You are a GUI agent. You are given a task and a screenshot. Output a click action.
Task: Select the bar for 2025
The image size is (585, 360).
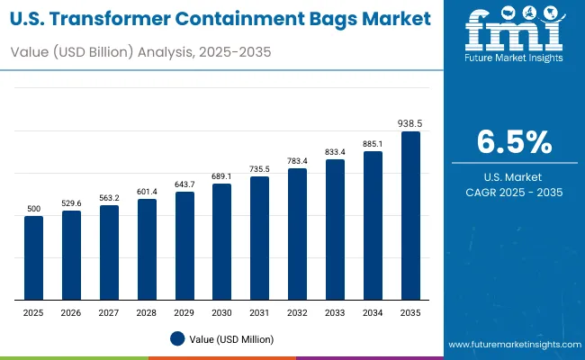click(33, 257)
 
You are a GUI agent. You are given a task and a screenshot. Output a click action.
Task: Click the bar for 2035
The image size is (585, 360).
click(410, 216)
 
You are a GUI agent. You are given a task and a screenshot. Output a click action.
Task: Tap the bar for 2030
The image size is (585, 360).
click(222, 241)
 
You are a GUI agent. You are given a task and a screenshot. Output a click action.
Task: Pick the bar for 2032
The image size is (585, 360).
click(297, 234)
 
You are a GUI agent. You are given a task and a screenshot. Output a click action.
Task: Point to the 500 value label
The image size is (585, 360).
click(33, 209)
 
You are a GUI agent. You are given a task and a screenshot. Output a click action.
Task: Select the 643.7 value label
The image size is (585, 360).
click(184, 184)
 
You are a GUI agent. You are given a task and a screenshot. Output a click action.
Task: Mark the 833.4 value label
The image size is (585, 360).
click(335, 152)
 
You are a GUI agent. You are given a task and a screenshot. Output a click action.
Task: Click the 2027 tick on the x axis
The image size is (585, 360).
click(109, 312)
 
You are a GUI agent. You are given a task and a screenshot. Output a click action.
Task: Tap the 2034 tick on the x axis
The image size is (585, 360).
click(373, 312)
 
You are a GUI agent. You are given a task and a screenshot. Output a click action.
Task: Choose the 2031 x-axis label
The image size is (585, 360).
click(259, 312)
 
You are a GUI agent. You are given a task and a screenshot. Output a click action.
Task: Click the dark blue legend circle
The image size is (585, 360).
click(176, 338)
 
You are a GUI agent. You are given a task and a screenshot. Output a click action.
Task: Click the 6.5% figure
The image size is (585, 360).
click(514, 142)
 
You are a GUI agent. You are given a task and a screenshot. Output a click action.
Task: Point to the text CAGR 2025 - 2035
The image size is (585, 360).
click(514, 192)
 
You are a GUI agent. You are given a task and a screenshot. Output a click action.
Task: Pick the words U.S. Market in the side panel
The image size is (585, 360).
click(514, 176)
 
